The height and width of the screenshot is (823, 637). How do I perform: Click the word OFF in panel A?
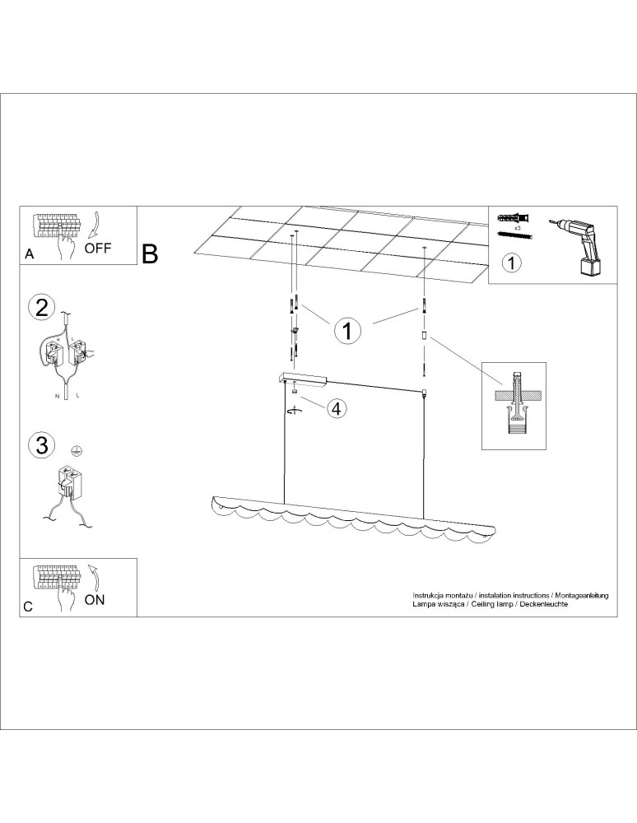98,248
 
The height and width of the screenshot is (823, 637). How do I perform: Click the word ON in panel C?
95,599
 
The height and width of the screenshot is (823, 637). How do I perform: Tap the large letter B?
150,254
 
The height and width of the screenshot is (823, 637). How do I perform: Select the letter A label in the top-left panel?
30,254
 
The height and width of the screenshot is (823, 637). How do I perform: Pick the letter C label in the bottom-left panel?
28,607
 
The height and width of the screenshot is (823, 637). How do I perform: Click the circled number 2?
42,308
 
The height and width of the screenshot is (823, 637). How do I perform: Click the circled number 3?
42,445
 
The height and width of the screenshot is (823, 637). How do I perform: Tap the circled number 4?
337,408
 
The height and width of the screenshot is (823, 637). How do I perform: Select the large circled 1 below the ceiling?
347,331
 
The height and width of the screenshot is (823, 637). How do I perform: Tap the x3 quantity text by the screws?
518,229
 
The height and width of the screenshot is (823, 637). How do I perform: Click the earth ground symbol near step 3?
77,450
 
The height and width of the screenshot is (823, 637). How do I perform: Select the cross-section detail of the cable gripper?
514,406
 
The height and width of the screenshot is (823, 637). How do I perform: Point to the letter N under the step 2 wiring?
57,396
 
